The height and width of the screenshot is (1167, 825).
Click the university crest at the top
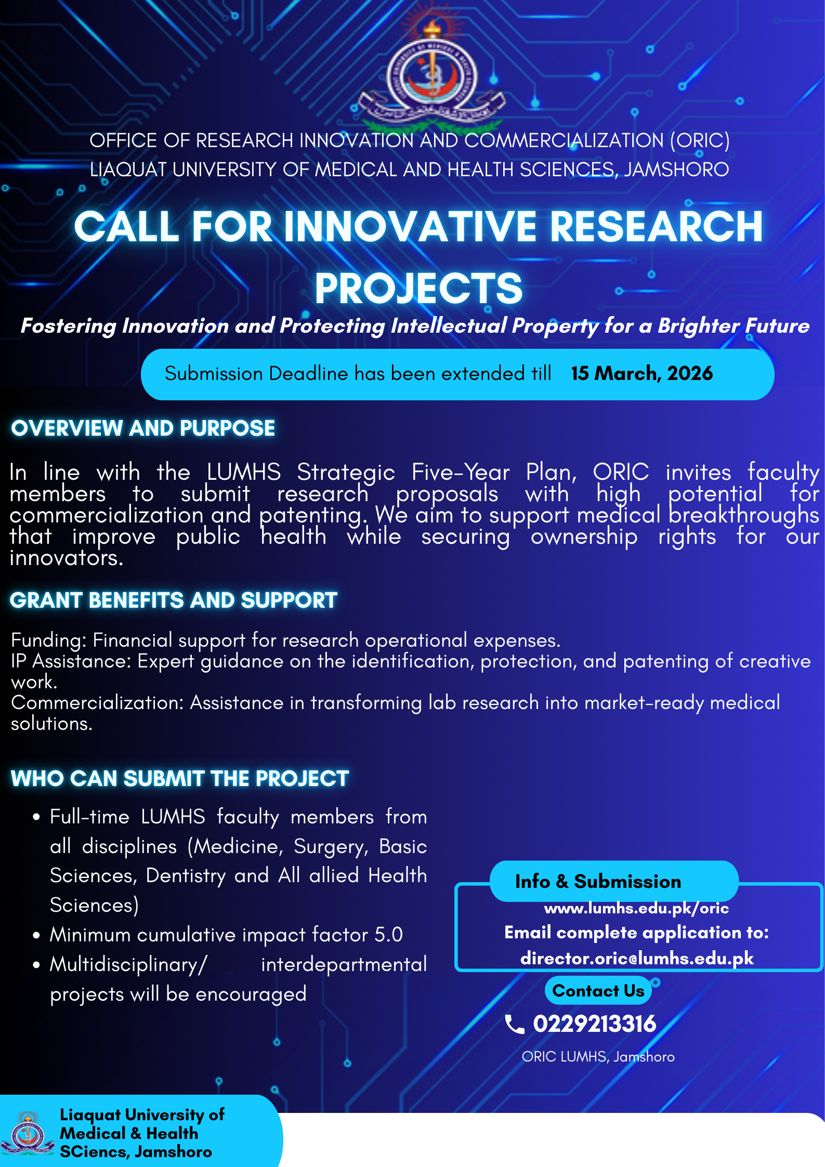[x=431, y=75]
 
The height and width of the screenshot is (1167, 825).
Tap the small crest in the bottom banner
[x=28, y=1134]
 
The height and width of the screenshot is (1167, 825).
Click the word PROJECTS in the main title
[x=418, y=289]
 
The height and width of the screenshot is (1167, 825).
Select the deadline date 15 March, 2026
[x=642, y=373]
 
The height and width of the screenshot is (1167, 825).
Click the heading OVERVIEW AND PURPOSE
[x=143, y=428]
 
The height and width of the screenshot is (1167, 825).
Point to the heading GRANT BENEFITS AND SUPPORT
[x=174, y=600]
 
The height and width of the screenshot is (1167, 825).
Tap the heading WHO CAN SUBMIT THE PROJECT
[x=180, y=779]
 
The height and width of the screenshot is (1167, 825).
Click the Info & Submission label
[x=598, y=882]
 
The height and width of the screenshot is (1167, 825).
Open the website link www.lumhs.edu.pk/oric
[x=636, y=908]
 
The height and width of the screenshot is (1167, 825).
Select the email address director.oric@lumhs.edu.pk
[x=637, y=958]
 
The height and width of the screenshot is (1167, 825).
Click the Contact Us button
[x=598, y=991]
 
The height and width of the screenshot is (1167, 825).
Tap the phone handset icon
[x=515, y=1025]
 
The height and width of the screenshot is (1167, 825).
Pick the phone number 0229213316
[x=595, y=1024]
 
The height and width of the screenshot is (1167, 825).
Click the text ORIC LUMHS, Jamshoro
[x=598, y=1057]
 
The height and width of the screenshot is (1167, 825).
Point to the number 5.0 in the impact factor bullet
[x=388, y=935]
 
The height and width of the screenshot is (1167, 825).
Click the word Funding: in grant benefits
[x=49, y=640]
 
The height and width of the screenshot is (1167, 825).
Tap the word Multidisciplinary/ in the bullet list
[x=128, y=965]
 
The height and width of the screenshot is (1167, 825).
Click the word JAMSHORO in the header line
[x=676, y=170]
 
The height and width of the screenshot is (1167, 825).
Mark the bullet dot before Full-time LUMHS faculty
[x=36, y=817]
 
